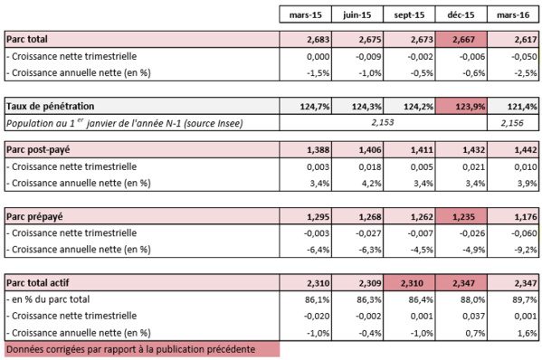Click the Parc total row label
pos(28,39)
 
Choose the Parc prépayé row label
pos(35,217)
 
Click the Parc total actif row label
pos(40,284)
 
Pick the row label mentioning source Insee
pos(121,122)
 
